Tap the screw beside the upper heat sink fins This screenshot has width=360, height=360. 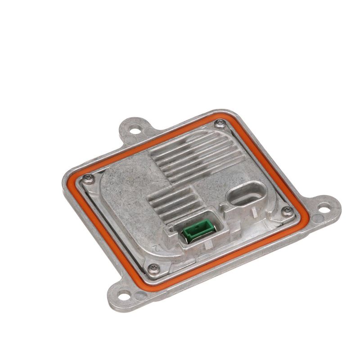[219, 123]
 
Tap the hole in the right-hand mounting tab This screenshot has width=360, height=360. [324, 208]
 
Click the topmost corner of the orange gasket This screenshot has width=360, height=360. [225, 115]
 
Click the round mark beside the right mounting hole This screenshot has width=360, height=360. [317, 219]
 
